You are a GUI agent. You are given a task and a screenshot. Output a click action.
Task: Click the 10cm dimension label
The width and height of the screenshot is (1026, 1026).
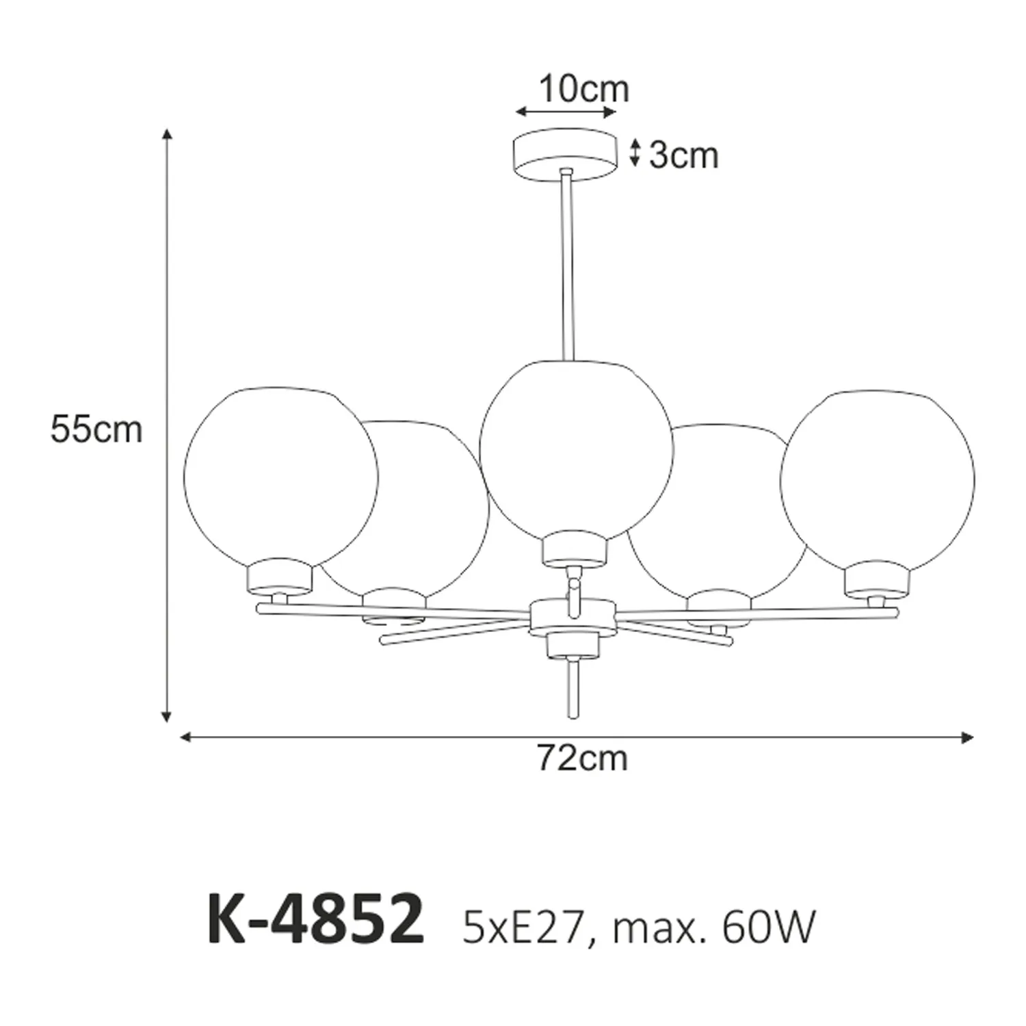(x=583, y=90)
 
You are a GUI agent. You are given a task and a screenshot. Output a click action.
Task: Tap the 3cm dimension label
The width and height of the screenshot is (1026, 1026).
(x=683, y=156)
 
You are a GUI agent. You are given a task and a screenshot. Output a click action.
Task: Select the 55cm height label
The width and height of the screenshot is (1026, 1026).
(x=96, y=430)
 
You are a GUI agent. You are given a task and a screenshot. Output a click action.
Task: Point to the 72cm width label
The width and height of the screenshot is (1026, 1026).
(x=582, y=758)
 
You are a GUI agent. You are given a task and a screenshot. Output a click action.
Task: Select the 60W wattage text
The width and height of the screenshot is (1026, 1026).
(x=769, y=928)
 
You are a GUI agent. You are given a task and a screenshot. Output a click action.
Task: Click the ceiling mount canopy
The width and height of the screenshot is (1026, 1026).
(x=564, y=155)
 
